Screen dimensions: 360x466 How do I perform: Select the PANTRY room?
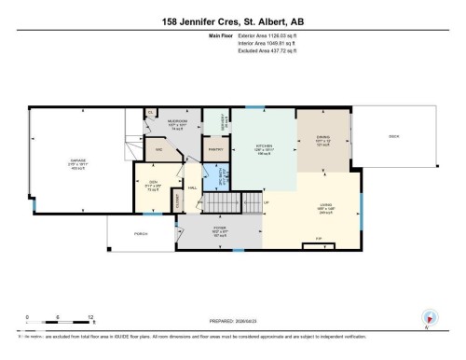coord(215,149)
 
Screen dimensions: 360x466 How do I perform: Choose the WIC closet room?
coord(159,148)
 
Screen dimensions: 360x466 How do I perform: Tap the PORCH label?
coord(142,234)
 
